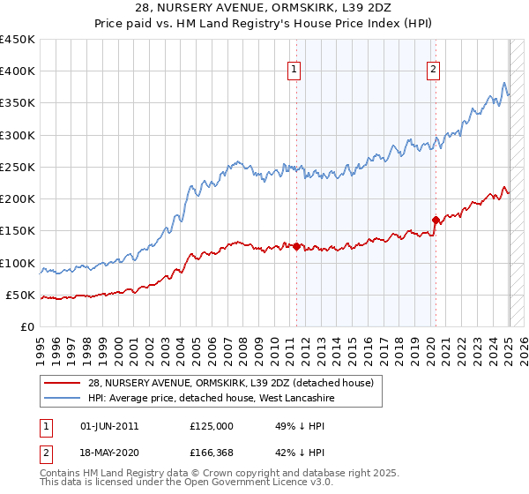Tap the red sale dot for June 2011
pyautogui.click(x=296, y=247)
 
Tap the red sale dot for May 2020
pyautogui.click(x=435, y=221)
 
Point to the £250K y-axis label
pyautogui.click(x=18, y=167)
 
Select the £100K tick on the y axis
pyautogui.click(x=18, y=263)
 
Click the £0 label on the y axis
pyautogui.click(x=26, y=326)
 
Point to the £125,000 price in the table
pyautogui.click(x=212, y=425)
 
